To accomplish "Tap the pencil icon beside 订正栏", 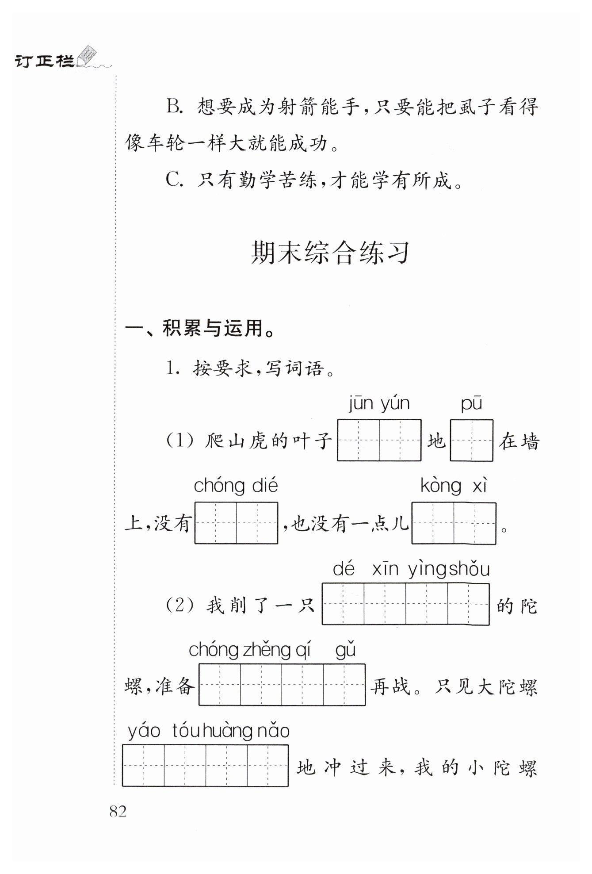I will click(88, 56).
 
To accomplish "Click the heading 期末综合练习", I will click(330, 253).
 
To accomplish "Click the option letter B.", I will click(174, 107).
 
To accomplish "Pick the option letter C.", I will click(174, 180).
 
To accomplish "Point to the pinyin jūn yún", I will click(379, 404).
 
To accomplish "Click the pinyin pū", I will click(471, 404).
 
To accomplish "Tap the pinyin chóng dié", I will click(236, 486).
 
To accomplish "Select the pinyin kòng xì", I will click(454, 486).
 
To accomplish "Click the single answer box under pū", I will click(471, 441).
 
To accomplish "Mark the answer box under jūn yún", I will click(379, 441).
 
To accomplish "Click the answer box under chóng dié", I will click(236, 523).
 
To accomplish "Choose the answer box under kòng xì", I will click(454, 523).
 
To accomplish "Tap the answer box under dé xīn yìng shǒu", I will click(405, 604).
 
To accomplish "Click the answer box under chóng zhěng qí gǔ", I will click(282, 684).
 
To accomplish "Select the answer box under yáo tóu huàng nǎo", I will click(205, 766).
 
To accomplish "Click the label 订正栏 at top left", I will click(44, 61).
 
